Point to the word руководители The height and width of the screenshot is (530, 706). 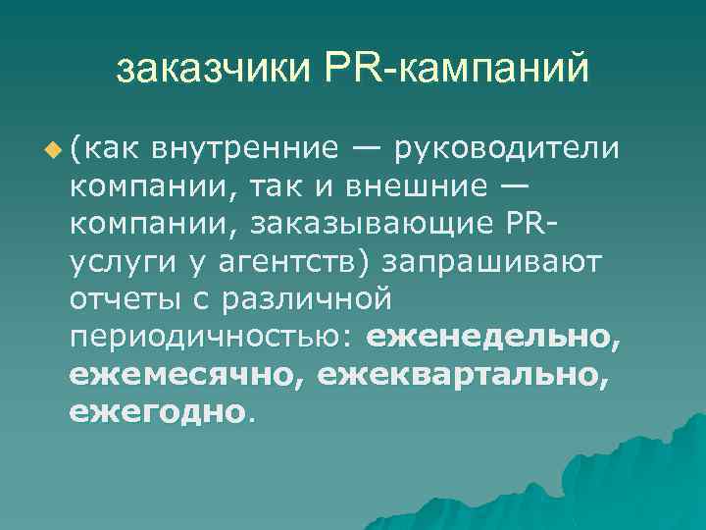508,149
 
